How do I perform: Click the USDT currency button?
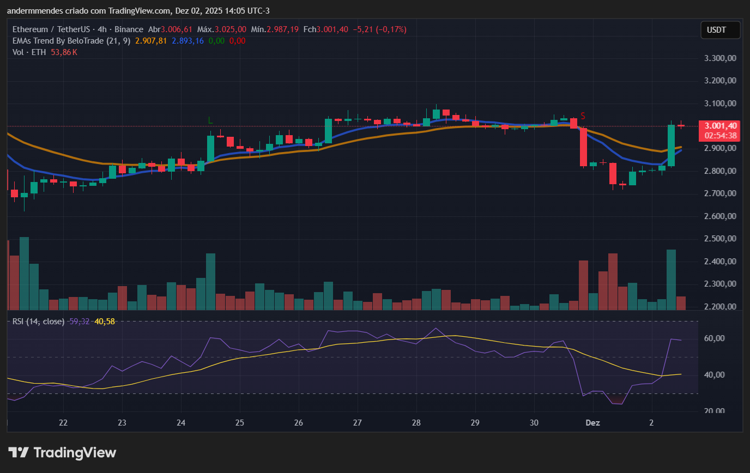pos(720,30)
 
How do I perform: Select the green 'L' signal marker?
pos(210,120)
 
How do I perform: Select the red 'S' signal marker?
pos(583,116)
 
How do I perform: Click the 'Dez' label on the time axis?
pos(593,423)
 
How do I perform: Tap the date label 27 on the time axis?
pos(357,423)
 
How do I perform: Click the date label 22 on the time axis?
pos(63,423)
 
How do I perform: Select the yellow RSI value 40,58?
pos(105,322)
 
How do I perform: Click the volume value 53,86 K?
pos(64,52)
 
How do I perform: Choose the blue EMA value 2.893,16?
pos(187,41)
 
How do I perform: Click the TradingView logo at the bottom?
pos(62,452)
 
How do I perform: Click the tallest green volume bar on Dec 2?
pos(671,280)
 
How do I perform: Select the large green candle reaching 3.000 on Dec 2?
pos(671,145)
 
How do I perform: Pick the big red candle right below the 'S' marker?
pos(583,147)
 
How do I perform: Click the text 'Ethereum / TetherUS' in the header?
pos(47,29)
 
